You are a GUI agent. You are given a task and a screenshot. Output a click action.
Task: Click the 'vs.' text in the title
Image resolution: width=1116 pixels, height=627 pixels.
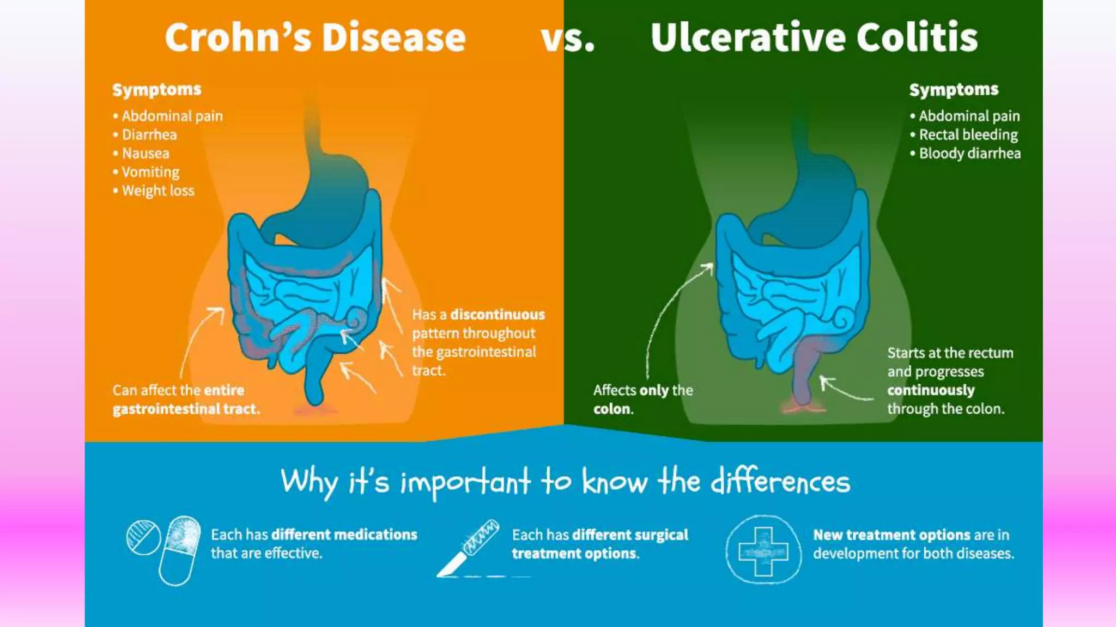(x=567, y=38)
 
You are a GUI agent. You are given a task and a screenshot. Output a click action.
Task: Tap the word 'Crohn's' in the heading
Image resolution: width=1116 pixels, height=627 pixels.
(x=238, y=38)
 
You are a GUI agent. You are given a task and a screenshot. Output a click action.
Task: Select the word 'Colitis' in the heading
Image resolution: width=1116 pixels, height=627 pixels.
(x=917, y=38)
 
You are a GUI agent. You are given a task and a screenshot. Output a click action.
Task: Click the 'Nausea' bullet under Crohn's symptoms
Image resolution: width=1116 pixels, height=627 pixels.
(x=145, y=153)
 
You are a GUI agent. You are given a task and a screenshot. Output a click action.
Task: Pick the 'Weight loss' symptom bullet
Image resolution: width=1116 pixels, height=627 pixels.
(x=157, y=191)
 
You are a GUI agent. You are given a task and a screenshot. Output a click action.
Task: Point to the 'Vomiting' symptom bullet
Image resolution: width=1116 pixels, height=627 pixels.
(x=150, y=172)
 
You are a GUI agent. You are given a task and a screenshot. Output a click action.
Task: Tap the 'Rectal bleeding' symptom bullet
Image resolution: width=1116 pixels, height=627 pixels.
(x=968, y=134)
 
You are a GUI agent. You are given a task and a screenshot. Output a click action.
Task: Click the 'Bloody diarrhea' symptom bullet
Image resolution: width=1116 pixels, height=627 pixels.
(x=969, y=153)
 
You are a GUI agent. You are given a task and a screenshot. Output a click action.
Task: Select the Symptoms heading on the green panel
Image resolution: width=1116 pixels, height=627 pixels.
(x=954, y=89)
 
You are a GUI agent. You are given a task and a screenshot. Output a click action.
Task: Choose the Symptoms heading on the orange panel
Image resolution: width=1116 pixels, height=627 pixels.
(x=157, y=89)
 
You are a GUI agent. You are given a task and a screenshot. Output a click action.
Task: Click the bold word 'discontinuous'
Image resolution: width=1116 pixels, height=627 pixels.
(x=497, y=315)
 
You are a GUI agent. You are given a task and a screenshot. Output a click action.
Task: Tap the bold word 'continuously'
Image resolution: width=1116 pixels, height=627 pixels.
(x=931, y=390)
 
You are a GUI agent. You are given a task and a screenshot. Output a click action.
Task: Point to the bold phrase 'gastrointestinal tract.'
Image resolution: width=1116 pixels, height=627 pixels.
(x=186, y=409)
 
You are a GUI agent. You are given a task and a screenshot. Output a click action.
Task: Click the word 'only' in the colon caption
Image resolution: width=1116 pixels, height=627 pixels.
(x=654, y=390)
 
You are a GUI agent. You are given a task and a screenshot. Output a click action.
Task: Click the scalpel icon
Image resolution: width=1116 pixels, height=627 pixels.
(x=469, y=547)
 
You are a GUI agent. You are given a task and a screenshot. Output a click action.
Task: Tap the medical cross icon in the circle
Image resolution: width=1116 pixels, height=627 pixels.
(x=763, y=550)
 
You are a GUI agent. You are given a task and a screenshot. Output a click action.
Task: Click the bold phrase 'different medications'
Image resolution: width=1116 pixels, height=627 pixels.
(x=344, y=534)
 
